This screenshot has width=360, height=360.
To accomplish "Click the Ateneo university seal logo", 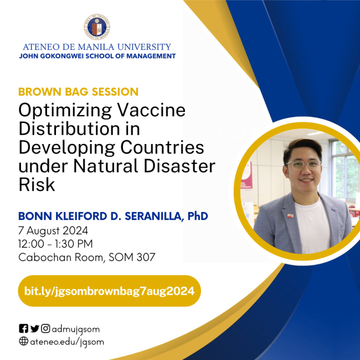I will [96, 26].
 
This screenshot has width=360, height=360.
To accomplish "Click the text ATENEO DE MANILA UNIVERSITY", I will [97, 47].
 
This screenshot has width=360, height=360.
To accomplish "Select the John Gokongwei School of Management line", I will [97, 56].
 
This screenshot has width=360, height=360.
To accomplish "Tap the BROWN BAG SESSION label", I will [78, 91].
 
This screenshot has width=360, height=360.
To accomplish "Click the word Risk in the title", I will [37, 185].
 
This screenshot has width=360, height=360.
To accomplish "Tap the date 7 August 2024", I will [53, 230].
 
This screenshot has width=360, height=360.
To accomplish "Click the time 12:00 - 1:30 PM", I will [55, 244].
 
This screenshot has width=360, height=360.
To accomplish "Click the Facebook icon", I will [23, 328].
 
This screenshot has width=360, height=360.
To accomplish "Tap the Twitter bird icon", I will [35, 328].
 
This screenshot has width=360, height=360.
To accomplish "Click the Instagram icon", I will [46, 328].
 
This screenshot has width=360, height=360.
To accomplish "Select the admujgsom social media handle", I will [76, 328].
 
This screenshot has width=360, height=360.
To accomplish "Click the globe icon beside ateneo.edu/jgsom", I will [23, 342].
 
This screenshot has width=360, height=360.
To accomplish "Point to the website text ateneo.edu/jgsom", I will [67, 342].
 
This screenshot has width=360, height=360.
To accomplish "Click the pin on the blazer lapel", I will [290, 215].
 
